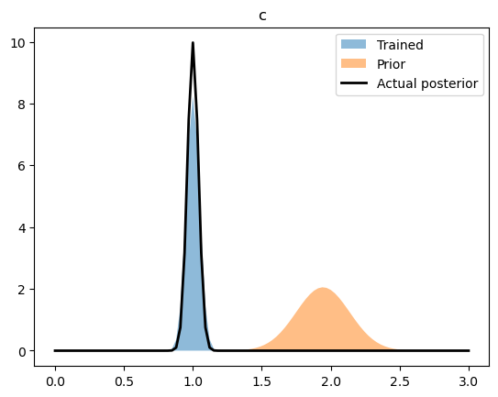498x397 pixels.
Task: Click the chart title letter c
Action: tap(262, 16)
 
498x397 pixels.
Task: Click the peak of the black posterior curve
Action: tap(193, 42)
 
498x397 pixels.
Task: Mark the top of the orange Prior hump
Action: tap(323, 288)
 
